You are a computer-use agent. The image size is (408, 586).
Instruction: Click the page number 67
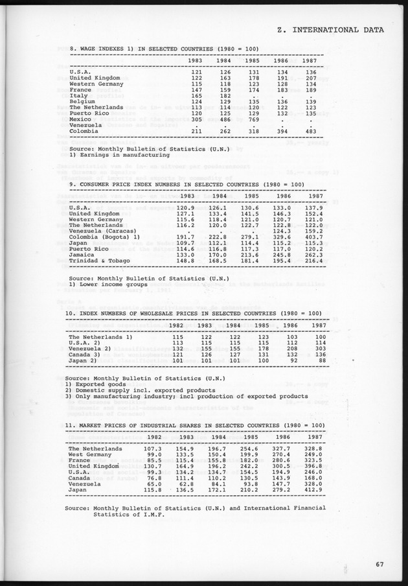(x=380, y=564)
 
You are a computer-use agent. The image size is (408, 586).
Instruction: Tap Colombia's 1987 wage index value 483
(x=310, y=131)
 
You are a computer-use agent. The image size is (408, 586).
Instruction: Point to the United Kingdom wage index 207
(x=310, y=78)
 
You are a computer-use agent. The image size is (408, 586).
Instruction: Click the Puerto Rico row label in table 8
(x=90, y=113)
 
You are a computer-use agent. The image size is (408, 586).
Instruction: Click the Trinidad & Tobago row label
(x=101, y=261)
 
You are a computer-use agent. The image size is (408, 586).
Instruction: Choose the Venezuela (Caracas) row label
(x=102, y=232)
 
